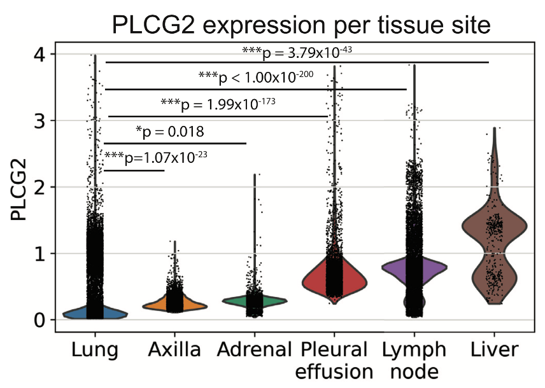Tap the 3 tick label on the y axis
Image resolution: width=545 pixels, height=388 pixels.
(x=39, y=121)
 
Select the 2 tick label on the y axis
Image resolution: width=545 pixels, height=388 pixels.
(x=39, y=187)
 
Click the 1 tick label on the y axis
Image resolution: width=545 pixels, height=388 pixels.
(x=39, y=254)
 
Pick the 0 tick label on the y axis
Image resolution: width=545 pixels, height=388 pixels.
(x=39, y=320)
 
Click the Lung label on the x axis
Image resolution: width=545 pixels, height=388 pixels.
(x=94, y=350)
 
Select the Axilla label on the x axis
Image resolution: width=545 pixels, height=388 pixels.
(x=174, y=350)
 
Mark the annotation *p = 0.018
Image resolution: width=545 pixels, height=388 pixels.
(x=170, y=132)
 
